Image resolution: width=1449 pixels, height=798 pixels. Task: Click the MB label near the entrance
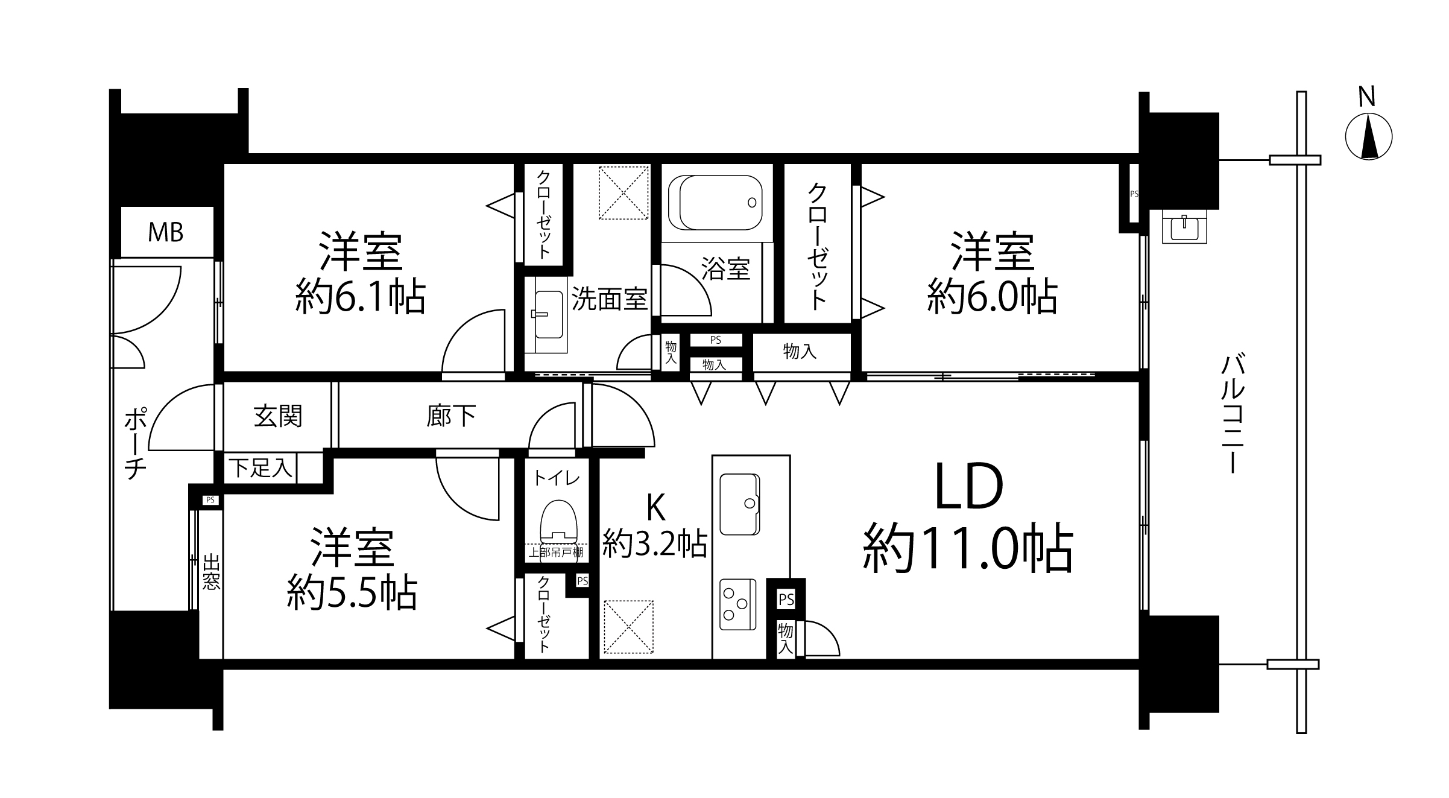pyautogui.click(x=166, y=232)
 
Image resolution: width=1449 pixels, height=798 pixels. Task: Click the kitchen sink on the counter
pyautogui.click(x=739, y=504)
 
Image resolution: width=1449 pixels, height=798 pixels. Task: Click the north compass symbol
pyautogui.click(x=1369, y=137)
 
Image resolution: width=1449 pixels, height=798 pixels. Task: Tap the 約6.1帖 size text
pyautogui.click(x=361, y=296)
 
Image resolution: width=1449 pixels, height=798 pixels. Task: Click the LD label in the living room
pyautogui.click(x=968, y=486)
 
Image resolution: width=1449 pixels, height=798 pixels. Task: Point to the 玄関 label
pyautogui.click(x=277, y=416)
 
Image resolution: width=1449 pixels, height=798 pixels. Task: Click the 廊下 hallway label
pyautogui.click(x=451, y=416)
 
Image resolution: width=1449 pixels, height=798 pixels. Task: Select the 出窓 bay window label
pyautogui.click(x=210, y=572)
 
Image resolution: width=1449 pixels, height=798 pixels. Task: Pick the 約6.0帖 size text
pyautogui.click(x=993, y=296)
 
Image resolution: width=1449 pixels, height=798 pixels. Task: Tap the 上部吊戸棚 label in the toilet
pyautogui.click(x=555, y=552)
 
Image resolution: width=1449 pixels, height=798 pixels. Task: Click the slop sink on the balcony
pyautogui.click(x=1184, y=228)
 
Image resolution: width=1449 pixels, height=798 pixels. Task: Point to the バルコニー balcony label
pyautogui.click(x=1232, y=414)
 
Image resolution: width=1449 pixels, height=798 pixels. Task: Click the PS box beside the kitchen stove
pyautogui.click(x=786, y=600)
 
